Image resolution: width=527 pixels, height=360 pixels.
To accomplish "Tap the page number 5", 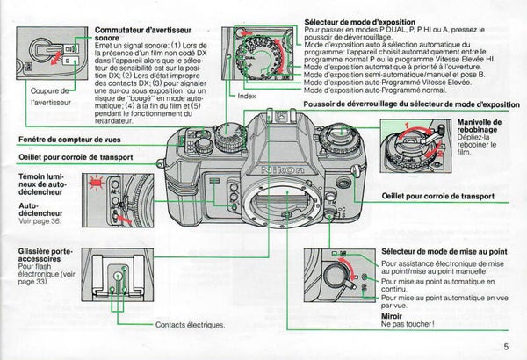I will (x=507, y=345).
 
